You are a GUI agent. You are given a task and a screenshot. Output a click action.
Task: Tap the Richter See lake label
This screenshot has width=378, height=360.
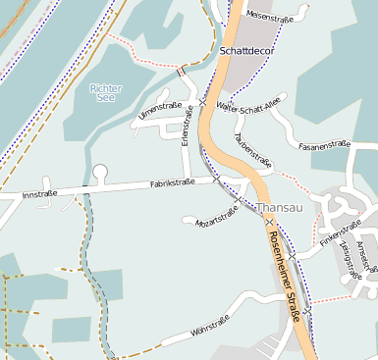[x=106, y=93]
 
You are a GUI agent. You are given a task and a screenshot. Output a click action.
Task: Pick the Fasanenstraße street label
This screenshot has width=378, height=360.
[x=324, y=144]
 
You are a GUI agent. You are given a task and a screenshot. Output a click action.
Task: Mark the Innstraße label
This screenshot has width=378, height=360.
[x=38, y=193]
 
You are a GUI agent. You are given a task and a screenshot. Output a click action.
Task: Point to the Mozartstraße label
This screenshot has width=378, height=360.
[x=218, y=216]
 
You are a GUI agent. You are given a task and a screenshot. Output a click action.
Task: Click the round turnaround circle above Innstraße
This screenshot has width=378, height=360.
[x=99, y=174]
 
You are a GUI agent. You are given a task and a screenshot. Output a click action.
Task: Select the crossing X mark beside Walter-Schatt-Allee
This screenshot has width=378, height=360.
[x=202, y=102]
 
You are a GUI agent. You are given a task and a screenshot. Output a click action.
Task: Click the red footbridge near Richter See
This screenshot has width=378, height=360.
[x=181, y=71]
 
